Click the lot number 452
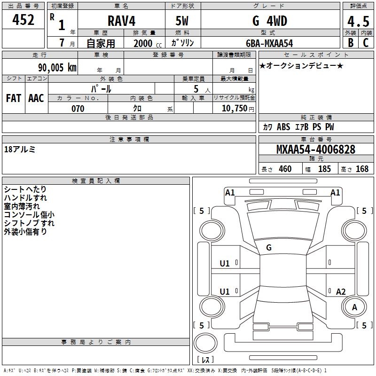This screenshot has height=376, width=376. pyautogui.click(x=23, y=19)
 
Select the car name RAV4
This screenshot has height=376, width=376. pyautogui.click(x=121, y=21)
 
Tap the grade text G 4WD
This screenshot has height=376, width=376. pyautogui.click(x=270, y=21)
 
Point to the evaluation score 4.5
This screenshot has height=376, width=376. pyautogui.click(x=358, y=21)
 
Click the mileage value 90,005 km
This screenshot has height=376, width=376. pyautogui.click(x=57, y=68)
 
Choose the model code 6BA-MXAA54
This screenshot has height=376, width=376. pyautogui.click(x=269, y=43)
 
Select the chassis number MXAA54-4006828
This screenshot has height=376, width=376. pyautogui.click(x=316, y=149)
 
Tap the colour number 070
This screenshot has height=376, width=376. pyautogui.click(x=78, y=109)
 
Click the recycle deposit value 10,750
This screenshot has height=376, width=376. pyautogui.click(x=235, y=108)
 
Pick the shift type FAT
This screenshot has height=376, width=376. pyautogui.click(x=14, y=98)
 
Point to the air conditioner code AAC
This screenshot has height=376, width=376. pyautogui.click(x=36, y=98)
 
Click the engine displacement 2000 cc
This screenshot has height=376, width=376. pyautogui.click(x=148, y=43)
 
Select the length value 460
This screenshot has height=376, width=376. pyautogui.click(x=285, y=169)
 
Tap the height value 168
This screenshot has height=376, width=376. pyautogui.click(x=362, y=169)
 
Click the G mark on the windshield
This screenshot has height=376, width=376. pyautogui.click(x=269, y=248)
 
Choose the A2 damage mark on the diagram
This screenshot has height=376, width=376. pyautogui.click(x=341, y=291)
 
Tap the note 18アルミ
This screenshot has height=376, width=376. pyautogui.click(x=20, y=149)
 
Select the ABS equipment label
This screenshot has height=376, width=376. pyautogui.click(x=283, y=127)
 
